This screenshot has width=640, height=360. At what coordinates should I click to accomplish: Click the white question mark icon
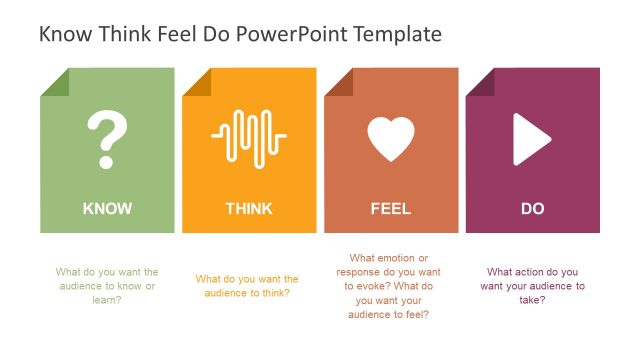click(x=107, y=139)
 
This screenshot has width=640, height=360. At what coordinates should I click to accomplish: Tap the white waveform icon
click(x=249, y=137)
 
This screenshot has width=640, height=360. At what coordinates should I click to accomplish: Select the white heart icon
click(x=391, y=139)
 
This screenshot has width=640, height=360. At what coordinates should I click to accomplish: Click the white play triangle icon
click(x=531, y=139)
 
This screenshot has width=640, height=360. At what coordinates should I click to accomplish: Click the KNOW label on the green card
click(x=107, y=209)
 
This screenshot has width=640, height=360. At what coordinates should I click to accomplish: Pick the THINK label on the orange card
click(x=249, y=209)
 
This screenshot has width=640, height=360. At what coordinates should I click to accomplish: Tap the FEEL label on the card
click(x=391, y=209)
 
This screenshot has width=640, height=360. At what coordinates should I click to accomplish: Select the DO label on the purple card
click(x=532, y=209)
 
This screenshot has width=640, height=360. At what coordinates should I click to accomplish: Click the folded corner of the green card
click(x=54, y=81)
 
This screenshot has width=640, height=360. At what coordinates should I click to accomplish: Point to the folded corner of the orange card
click(x=196, y=81)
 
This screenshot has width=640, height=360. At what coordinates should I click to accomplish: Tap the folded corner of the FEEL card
click(x=338, y=81)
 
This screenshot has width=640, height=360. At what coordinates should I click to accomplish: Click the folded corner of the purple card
click(x=479, y=81)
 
